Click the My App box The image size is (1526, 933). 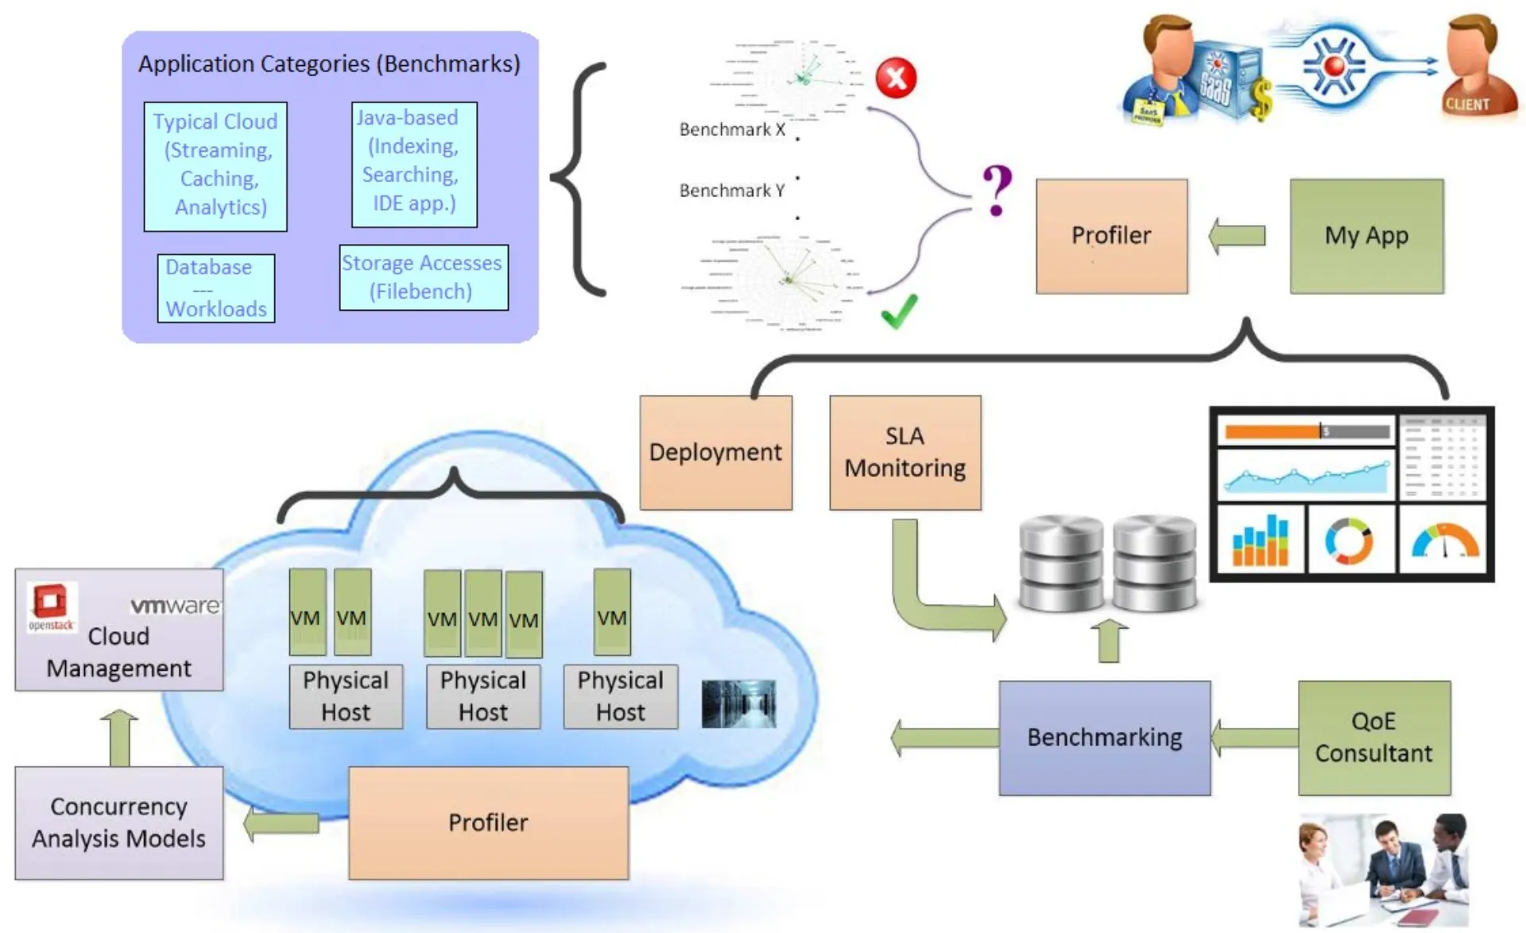(x=1366, y=236)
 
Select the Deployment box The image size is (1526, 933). (x=715, y=452)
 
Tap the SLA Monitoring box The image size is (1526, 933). (x=905, y=452)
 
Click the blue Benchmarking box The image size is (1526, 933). (x=1105, y=737)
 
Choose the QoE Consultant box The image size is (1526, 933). (x=1374, y=737)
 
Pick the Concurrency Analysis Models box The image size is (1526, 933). (x=118, y=823)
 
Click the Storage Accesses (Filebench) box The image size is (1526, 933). (x=423, y=277)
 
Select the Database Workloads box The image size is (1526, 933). (x=215, y=288)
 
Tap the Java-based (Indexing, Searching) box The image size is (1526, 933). (x=414, y=164)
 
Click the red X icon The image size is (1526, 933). (x=896, y=78)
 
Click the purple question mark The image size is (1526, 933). (x=997, y=190)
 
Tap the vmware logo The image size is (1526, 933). (x=175, y=606)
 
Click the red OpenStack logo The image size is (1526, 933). (x=50, y=602)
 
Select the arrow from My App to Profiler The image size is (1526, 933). (x=1237, y=236)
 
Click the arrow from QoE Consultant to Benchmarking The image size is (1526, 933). (x=1254, y=737)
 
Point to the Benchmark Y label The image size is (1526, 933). (x=731, y=191)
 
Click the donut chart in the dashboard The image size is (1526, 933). (x=1348, y=541)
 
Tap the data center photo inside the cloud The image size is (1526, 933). (x=738, y=704)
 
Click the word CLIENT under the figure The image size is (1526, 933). (x=1467, y=104)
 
